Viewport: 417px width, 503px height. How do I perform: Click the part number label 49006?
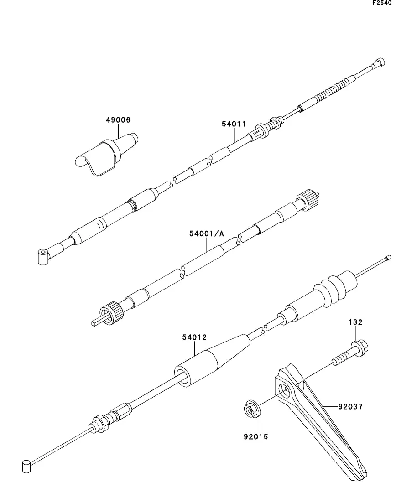tap(118, 120)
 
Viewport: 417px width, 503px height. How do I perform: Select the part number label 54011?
tap(234, 124)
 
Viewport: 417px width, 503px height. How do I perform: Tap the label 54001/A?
tap(207, 233)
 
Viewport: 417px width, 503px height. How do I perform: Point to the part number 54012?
tap(194, 337)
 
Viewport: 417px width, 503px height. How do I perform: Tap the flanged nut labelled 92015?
tap(251, 409)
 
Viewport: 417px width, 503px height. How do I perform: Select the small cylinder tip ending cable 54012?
tap(26, 466)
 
